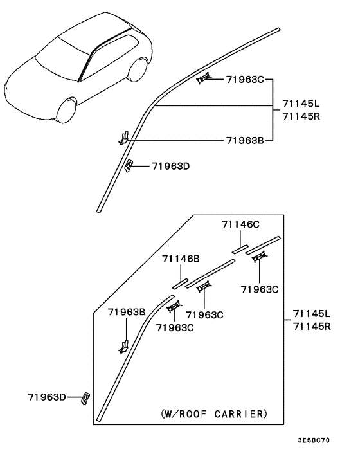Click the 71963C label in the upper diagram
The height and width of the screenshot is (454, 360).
[x=245, y=80]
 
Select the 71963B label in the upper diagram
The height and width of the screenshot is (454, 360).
[x=245, y=140]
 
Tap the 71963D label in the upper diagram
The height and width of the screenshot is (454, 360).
[x=171, y=166]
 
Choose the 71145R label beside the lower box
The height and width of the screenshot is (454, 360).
[x=312, y=326]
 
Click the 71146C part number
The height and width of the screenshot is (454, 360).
[x=240, y=224]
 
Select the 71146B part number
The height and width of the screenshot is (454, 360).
[x=181, y=259]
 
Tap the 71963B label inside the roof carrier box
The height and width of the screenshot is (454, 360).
[x=127, y=312]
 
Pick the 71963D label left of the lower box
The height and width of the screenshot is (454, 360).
[x=47, y=397]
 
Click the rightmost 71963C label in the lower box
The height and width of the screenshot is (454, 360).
[x=260, y=289]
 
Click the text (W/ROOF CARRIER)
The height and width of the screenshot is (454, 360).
[x=213, y=413]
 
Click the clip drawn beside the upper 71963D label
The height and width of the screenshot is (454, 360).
[x=129, y=165]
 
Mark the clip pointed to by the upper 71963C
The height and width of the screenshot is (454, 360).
[x=204, y=78]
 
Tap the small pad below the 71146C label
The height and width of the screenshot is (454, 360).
[x=240, y=249]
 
